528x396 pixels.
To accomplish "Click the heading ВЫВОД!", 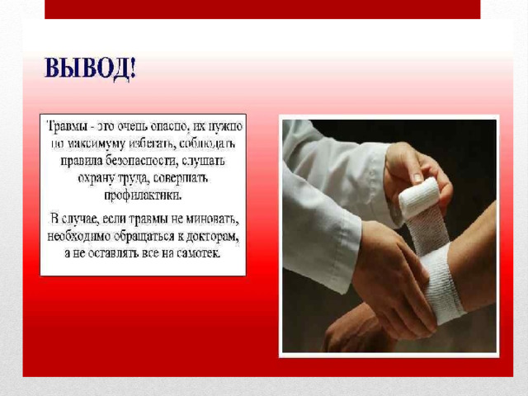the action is coord(90,69).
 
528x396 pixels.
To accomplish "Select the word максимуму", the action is coord(97,144).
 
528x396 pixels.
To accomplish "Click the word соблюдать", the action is coord(207,144).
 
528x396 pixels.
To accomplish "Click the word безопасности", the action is coord(141,161).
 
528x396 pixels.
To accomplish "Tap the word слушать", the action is coord(203,161).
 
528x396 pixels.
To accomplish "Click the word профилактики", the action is coord(143,196).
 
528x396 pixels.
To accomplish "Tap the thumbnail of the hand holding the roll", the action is coord(418,177).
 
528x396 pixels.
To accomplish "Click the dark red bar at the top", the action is coord(262,9).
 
